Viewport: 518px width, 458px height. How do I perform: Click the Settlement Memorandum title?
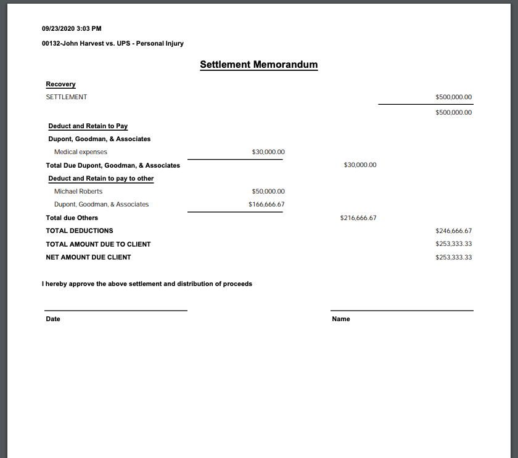click(x=259, y=64)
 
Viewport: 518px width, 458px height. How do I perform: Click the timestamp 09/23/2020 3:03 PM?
click(x=72, y=28)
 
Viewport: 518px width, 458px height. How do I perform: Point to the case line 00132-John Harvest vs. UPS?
click(x=113, y=43)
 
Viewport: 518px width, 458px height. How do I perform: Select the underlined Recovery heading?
click(x=60, y=84)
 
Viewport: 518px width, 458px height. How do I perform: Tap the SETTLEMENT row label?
click(x=67, y=97)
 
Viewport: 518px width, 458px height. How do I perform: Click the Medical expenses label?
click(x=81, y=152)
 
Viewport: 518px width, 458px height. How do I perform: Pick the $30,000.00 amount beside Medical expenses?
click(x=268, y=152)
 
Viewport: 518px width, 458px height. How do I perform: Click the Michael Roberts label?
click(x=78, y=191)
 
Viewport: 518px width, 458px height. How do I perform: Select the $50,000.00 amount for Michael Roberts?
click(x=268, y=191)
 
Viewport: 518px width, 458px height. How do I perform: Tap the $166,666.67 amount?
click(x=266, y=204)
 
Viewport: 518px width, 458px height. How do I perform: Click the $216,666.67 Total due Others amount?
click(x=358, y=218)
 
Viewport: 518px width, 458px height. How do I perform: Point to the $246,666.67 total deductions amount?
click(x=453, y=231)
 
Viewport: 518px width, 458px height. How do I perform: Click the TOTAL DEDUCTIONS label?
click(x=80, y=231)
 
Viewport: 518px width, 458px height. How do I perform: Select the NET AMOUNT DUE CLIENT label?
click(x=88, y=257)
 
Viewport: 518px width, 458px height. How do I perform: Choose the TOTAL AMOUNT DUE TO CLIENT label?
click(x=98, y=244)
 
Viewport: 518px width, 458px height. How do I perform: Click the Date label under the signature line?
click(x=53, y=319)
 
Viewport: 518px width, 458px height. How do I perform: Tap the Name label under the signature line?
click(x=341, y=319)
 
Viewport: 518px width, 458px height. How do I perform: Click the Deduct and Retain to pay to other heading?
click(x=101, y=178)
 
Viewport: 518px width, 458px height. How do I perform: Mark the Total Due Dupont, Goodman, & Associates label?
click(x=113, y=165)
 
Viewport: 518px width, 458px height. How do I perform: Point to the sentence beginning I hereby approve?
click(x=147, y=284)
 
